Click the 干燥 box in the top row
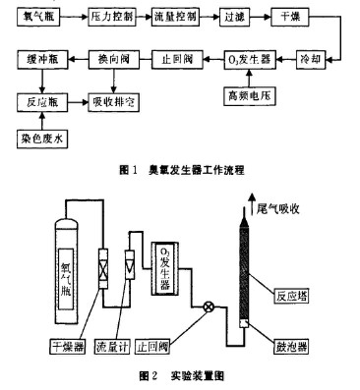pos(290,20)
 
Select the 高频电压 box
pos(251,96)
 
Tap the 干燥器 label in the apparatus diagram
pos(70,346)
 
